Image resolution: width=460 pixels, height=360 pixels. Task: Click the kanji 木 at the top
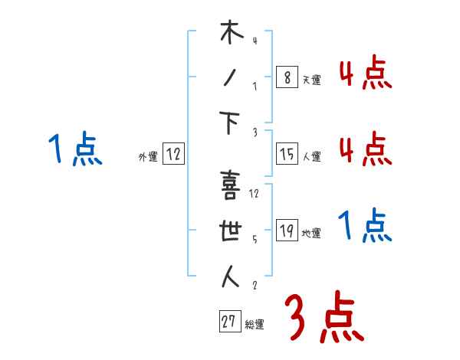point(231,35)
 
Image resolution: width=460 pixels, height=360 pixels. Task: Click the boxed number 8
point(286,77)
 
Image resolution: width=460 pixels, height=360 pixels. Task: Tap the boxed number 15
point(286,154)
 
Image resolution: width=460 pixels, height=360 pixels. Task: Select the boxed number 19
point(286,231)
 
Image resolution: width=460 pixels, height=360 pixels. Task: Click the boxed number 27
point(229,322)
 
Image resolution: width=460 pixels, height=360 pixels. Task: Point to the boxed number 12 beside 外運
point(174,154)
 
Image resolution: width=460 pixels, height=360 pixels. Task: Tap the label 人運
point(311,156)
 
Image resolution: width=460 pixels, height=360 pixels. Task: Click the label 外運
point(148,156)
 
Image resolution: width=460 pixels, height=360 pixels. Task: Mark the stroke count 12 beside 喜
point(255,193)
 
